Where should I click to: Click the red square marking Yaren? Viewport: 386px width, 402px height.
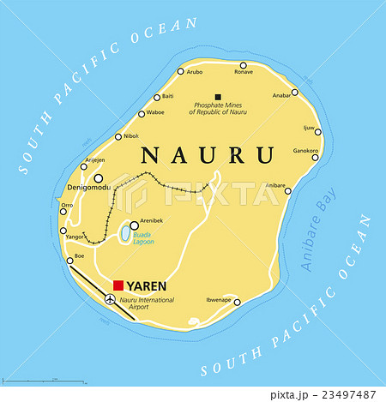point(118,285)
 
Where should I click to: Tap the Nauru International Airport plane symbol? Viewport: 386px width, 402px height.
point(110,299)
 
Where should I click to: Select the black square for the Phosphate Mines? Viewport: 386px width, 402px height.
point(218,97)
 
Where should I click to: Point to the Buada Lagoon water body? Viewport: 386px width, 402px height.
point(125,231)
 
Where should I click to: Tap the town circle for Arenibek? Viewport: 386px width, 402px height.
point(134,201)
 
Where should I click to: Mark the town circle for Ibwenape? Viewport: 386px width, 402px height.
point(237,301)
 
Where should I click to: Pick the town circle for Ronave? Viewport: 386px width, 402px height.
point(244,65)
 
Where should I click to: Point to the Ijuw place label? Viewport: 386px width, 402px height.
point(310,127)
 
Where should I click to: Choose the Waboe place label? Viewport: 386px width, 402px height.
point(156,112)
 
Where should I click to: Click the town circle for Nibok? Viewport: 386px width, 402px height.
point(117,135)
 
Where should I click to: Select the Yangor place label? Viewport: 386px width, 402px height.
point(75,236)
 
